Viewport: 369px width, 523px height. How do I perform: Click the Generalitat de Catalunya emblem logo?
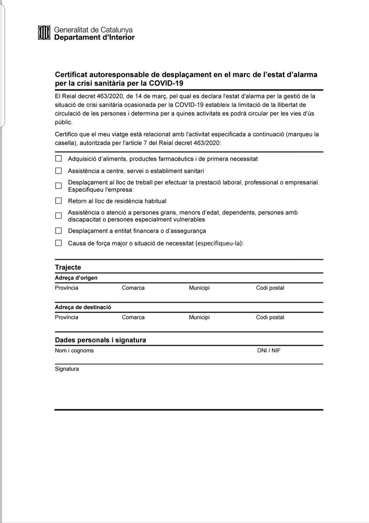[44, 34]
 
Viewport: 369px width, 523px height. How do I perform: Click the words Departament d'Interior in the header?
[95, 37]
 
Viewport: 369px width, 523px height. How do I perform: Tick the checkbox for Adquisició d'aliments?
[58, 159]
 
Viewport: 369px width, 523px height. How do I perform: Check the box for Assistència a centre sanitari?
[58, 170]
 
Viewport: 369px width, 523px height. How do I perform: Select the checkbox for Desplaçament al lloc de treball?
[58, 186]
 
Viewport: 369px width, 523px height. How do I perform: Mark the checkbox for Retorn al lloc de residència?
[58, 201]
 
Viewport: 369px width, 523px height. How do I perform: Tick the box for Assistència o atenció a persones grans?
[58, 216]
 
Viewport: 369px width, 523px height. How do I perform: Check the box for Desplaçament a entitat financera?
[58, 231]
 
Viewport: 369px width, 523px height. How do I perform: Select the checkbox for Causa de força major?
[58, 243]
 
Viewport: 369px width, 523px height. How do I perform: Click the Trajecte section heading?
[68, 267]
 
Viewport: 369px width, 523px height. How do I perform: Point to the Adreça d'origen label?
[76, 278]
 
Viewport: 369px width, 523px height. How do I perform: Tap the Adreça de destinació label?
[83, 307]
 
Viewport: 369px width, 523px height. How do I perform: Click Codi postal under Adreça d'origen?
[270, 288]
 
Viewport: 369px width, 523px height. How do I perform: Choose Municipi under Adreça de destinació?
[199, 317]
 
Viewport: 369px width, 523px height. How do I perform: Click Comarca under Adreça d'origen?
[133, 288]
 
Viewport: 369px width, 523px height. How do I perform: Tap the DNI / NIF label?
[269, 350]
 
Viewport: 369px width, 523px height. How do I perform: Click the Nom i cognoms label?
[74, 350]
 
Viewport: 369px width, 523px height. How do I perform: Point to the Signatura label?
[67, 369]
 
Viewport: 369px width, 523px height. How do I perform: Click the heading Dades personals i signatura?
[100, 340]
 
